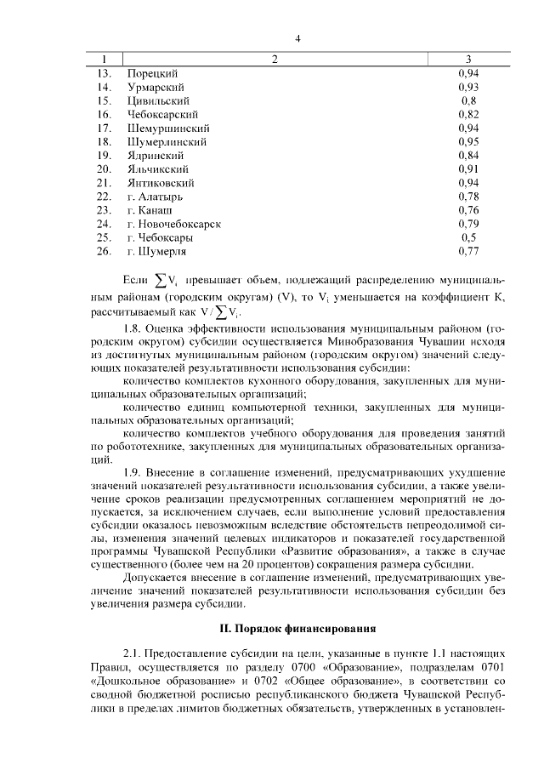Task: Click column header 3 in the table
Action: tap(468, 60)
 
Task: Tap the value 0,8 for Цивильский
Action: tap(468, 100)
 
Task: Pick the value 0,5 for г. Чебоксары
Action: tap(468, 237)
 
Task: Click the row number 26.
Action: tap(104, 250)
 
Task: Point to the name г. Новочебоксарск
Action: tap(173, 223)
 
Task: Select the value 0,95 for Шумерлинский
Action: tap(468, 141)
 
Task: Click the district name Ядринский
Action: tap(152, 155)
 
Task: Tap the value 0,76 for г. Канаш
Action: tap(468, 209)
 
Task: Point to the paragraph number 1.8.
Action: tap(134, 328)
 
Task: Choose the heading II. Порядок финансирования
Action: tap(297, 630)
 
